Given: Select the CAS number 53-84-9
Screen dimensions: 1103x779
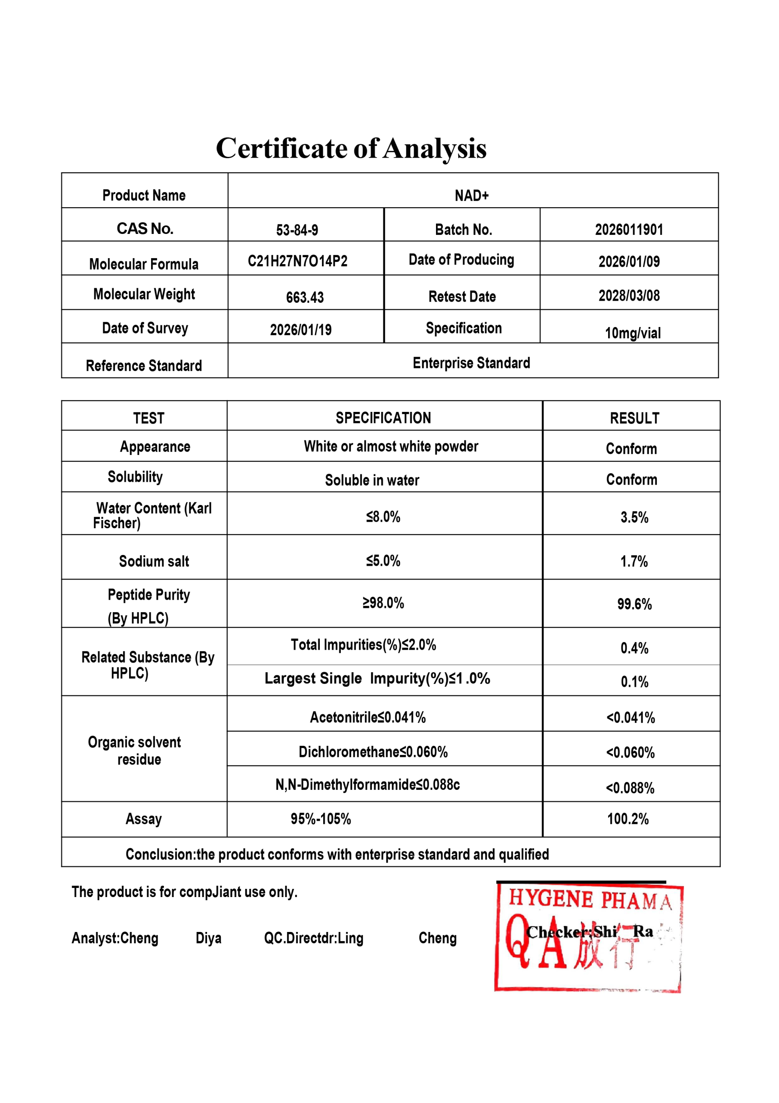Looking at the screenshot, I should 297,230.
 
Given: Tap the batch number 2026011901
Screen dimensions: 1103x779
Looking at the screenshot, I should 629,230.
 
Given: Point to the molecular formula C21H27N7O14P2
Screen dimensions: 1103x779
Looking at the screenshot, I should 297,261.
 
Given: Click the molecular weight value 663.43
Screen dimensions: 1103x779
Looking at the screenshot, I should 305,297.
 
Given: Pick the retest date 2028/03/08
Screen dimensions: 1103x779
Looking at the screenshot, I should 629,296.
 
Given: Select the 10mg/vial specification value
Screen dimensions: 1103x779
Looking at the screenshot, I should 632,333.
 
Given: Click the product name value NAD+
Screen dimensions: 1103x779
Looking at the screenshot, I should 471,196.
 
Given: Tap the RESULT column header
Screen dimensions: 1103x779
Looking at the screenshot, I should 634,418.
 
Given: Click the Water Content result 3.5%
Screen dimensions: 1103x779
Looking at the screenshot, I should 634,517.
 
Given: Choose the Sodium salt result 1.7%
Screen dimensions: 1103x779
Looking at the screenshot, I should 634,561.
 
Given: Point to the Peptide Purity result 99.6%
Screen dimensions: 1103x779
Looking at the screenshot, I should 634,604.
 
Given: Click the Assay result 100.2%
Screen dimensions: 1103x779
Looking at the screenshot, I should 628,819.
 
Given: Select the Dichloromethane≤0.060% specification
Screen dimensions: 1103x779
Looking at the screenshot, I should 373,752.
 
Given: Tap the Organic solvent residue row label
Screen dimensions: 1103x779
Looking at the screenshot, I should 135,751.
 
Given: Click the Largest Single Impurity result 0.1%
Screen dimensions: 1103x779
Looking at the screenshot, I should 634,682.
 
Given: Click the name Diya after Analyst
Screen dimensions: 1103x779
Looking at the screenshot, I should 208,938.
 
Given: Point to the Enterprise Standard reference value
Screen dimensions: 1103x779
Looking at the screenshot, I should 471,363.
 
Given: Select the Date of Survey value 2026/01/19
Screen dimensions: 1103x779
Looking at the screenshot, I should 300,330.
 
